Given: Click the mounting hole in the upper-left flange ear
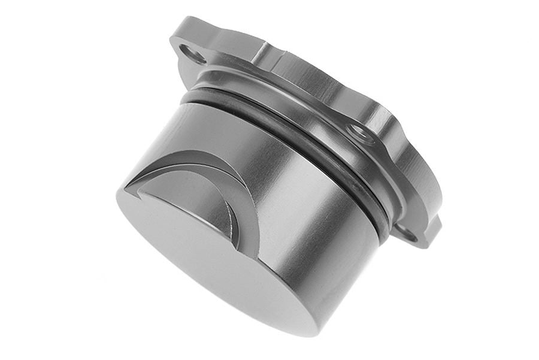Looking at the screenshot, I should [193, 55].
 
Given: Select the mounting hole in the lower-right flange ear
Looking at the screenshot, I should [408, 232].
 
